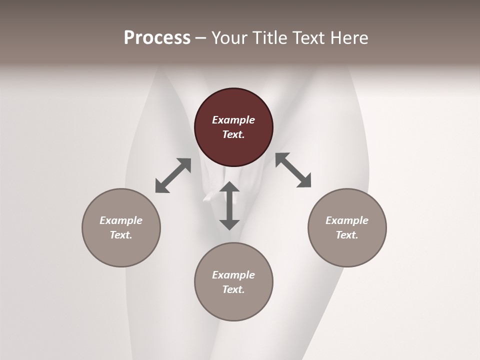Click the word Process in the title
pos(157,38)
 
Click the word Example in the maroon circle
pos(233,120)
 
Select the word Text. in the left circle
pos(121,235)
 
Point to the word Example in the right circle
pos(347,220)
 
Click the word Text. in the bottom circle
pos(233,289)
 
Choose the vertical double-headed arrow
pos(229,205)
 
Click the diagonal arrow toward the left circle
pos(173,175)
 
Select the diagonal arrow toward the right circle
pos(293,170)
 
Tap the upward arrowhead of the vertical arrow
pos(229,187)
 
